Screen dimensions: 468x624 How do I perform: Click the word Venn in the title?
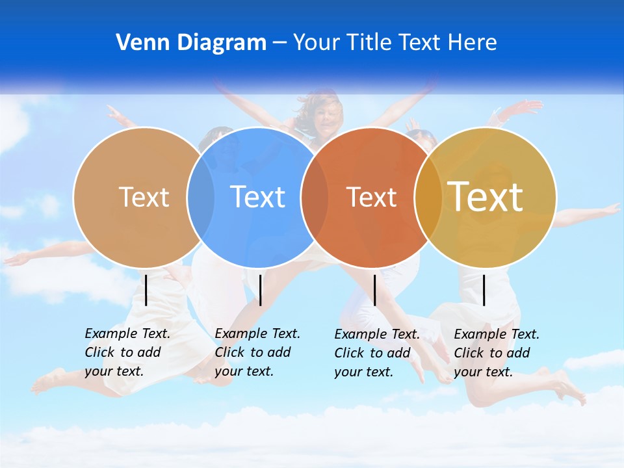[138, 43]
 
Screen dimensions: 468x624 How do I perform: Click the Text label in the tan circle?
[144, 197]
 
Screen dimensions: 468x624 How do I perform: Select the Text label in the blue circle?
[257, 197]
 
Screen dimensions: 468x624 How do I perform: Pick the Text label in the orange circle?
[371, 197]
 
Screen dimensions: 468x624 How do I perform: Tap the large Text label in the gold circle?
[486, 196]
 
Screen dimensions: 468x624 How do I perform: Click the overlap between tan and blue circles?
[201, 197]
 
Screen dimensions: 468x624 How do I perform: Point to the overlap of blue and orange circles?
[315, 197]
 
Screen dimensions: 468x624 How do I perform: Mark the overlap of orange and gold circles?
[428, 197]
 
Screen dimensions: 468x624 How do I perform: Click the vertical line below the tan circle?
[146, 290]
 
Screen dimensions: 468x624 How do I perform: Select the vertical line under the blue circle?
[261, 290]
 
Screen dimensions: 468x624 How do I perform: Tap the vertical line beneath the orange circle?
[375, 290]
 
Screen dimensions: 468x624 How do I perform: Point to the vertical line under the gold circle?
[484, 290]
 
